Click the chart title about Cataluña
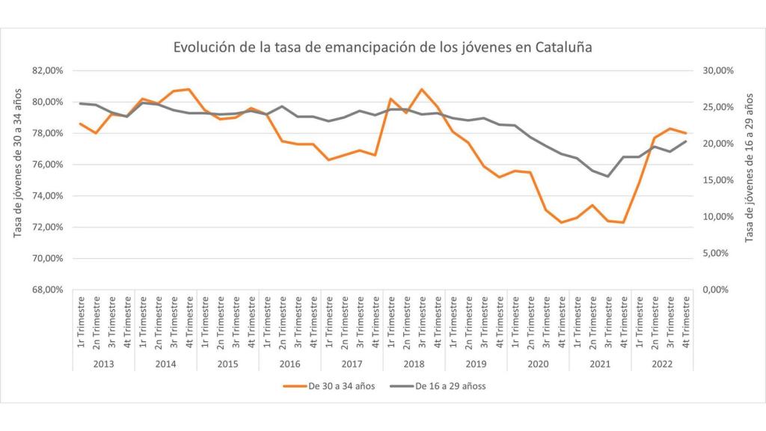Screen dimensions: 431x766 click(x=382, y=47)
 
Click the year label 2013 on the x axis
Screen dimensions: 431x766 click(x=103, y=364)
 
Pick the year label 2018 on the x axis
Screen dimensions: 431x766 click(x=414, y=364)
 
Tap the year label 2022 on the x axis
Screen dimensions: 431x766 click(x=662, y=364)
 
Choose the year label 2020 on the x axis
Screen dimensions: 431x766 click(x=538, y=364)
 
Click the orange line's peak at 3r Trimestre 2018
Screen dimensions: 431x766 click(x=422, y=89)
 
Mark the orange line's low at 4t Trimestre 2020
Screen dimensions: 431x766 click(x=561, y=222)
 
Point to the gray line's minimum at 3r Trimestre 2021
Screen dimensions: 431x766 click(x=607, y=177)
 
